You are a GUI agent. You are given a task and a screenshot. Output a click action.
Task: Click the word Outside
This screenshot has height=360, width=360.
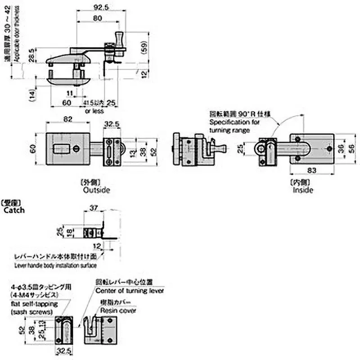tap(96, 190)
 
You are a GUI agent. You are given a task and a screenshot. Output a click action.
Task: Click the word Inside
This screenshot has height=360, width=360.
tap(302, 190)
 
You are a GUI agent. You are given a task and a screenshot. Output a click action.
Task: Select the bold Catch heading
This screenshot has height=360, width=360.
tap(14, 210)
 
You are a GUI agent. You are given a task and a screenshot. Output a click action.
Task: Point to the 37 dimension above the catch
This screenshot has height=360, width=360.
tap(93, 207)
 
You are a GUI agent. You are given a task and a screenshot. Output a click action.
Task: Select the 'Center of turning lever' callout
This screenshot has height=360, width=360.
tap(130, 290)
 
